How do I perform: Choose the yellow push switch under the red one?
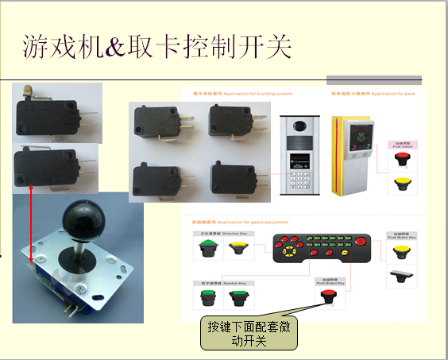[x=400, y=184]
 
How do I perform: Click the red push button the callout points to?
[x=326, y=296]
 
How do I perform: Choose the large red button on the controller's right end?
[x=361, y=242]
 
